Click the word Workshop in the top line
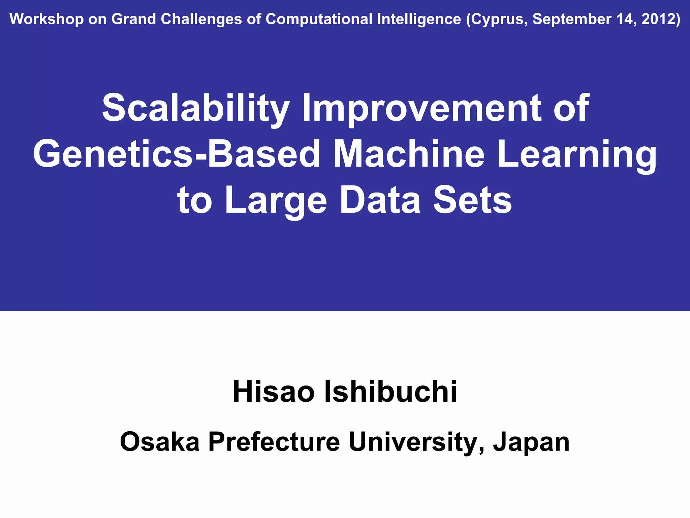click(46, 19)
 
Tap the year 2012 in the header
click(660, 19)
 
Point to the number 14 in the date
click(626, 19)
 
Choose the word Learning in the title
click(576, 154)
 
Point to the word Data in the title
click(380, 200)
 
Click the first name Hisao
click(273, 392)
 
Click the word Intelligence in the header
click(419, 19)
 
